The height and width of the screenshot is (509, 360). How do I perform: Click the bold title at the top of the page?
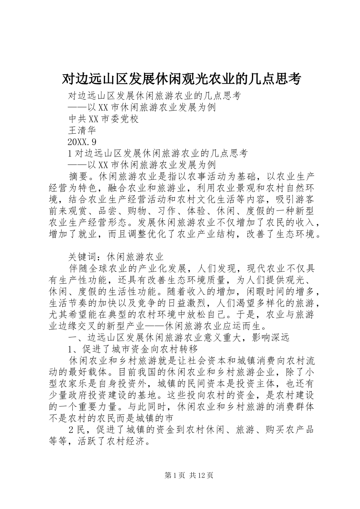pyautogui.click(x=181, y=79)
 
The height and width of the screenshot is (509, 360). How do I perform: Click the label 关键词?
pyautogui.click(x=83, y=256)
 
